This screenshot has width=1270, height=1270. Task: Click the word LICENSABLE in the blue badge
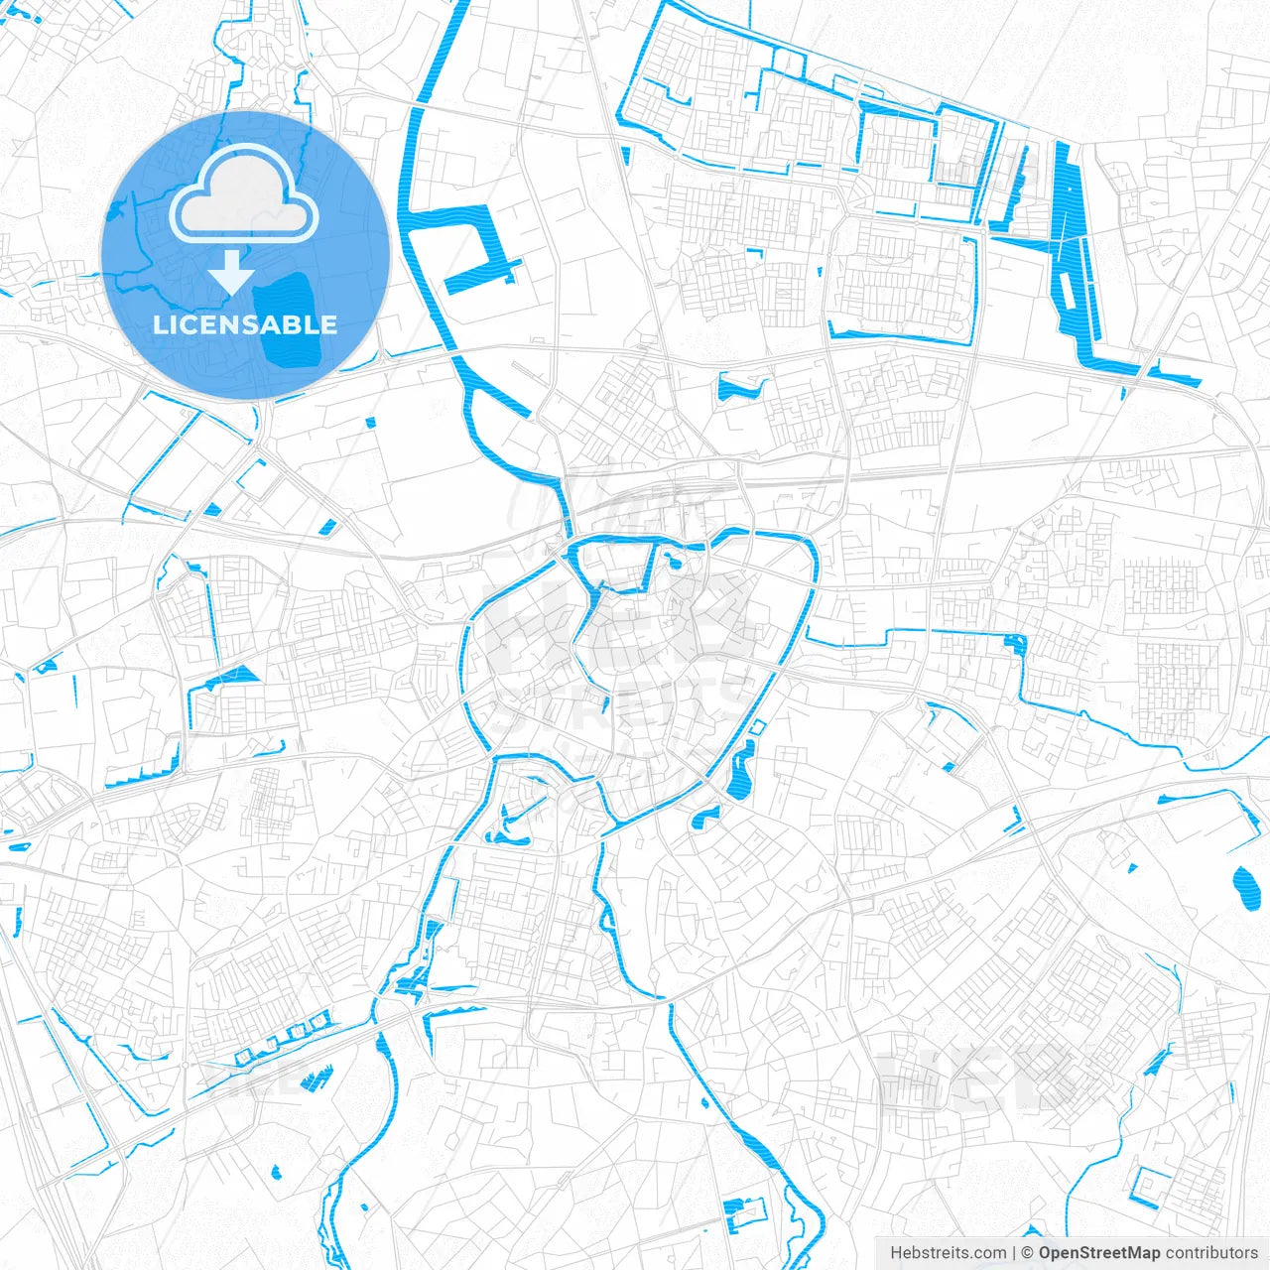pyautogui.click(x=245, y=324)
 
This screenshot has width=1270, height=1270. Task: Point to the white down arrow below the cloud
pyautogui.click(x=231, y=271)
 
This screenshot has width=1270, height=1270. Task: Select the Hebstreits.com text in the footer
pyautogui.click(x=948, y=1253)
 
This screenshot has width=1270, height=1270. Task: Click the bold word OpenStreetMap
pyautogui.click(x=1099, y=1253)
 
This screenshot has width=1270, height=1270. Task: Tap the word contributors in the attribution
pyautogui.click(x=1211, y=1253)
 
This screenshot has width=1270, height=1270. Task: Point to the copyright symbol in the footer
pyautogui.click(x=1028, y=1253)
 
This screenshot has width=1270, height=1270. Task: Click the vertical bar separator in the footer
pyautogui.click(x=1014, y=1253)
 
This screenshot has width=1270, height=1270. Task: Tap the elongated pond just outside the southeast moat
pyautogui.click(x=740, y=774)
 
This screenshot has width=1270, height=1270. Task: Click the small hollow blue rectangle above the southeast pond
pyautogui.click(x=754, y=727)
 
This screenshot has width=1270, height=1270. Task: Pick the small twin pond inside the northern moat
pyautogui.click(x=676, y=563)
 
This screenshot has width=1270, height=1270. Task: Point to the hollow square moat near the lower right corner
pyautogui.click(x=1151, y=1187)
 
